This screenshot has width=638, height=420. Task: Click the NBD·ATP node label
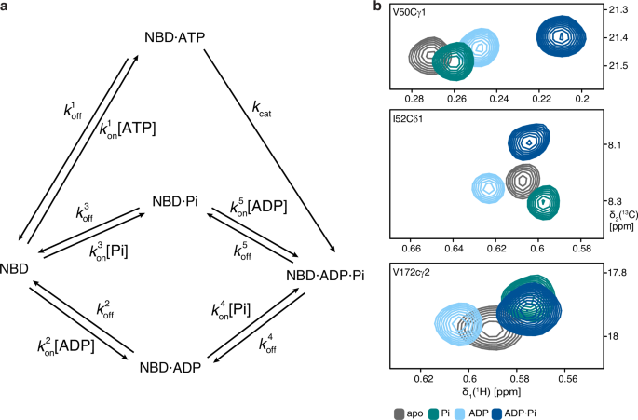tap(175, 39)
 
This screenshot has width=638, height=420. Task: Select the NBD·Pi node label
tap(180, 200)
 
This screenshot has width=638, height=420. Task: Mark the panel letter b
tap(377, 7)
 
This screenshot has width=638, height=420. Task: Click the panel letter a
tap(6, 7)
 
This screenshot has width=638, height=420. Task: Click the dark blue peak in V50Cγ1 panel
tap(563, 36)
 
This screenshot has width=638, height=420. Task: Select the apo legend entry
tap(414, 411)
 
